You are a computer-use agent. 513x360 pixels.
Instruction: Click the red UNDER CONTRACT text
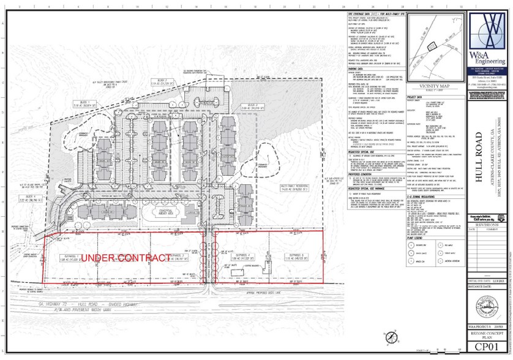(125, 258)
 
